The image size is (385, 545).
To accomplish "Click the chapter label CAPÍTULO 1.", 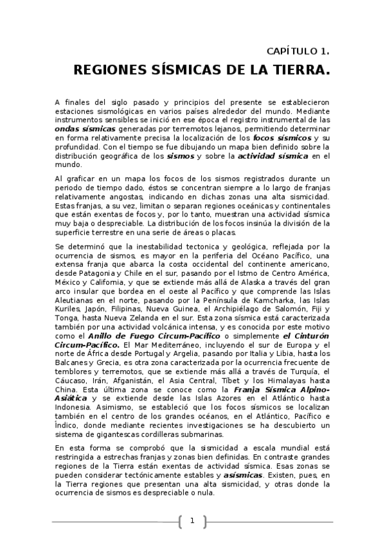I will (x=298, y=51).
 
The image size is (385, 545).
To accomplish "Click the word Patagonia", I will (x=96, y=272).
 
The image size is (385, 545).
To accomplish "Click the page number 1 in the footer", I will (x=192, y=521).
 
